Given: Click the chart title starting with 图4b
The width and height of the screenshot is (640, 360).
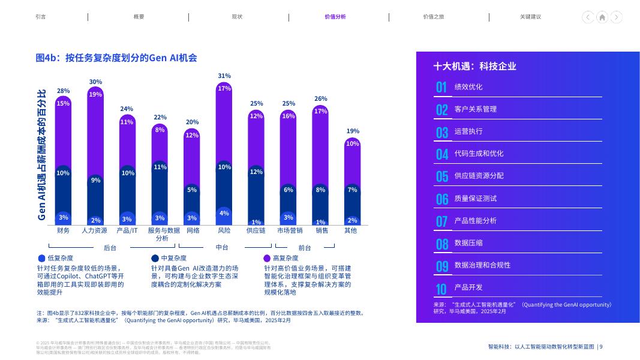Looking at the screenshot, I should pos(116,58).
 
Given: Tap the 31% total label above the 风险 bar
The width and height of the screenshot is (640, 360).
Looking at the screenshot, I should pos(224,76).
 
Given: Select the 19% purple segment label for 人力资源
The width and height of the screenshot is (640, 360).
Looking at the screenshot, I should pos(95,94).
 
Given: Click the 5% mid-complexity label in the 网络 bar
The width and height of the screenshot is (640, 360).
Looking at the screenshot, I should pos(192,190).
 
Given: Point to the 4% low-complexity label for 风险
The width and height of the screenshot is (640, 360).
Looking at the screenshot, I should pos(224,214).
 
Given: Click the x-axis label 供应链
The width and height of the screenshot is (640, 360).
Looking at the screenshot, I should pos(256,230).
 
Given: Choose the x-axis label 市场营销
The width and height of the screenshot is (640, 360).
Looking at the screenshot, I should pos(290,230).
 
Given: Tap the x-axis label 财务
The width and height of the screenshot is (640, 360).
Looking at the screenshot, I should pos(63,230).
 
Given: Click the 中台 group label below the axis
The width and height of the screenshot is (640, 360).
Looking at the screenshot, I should pos(222,247).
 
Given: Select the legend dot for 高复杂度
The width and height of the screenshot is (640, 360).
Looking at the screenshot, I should pos(267,258).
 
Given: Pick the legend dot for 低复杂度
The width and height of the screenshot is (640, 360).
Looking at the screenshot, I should pos(41,258).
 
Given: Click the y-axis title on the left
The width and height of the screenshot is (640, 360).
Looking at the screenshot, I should pos(42,154).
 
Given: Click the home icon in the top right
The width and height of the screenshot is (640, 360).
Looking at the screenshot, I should pos(602,17).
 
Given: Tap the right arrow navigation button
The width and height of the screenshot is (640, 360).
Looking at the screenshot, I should pos(616,17).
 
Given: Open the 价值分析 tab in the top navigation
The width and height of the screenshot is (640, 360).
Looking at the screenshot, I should pos(335,17).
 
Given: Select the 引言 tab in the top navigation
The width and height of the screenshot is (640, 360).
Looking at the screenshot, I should pos(41,17).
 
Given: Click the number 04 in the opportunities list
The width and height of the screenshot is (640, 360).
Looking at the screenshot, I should pos(442,154).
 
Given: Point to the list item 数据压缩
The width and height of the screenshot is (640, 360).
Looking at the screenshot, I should pos(468,243).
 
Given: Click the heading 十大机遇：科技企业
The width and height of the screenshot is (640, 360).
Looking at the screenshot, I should pos(474,67).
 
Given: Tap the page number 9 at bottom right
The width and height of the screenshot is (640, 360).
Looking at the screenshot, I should pos(601,347).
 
